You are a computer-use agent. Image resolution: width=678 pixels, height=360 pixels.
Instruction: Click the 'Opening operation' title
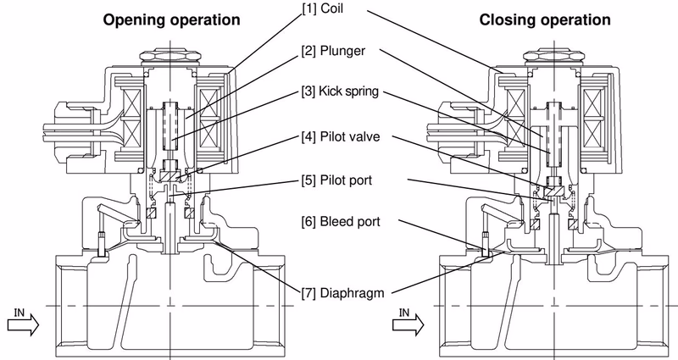click(171, 20)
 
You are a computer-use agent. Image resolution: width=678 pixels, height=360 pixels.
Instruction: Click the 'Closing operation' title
click(545, 20)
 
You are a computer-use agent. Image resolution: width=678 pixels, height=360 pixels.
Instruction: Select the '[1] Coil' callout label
click(322, 8)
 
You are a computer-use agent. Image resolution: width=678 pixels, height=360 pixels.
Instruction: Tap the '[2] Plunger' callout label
click(333, 51)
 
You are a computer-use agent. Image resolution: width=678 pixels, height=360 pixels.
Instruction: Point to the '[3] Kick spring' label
click(340, 91)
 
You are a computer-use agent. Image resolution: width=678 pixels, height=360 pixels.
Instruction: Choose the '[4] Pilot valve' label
click(341, 137)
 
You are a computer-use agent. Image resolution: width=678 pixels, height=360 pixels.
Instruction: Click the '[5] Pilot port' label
click(336, 180)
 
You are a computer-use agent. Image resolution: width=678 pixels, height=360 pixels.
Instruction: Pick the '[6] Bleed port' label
click(341, 222)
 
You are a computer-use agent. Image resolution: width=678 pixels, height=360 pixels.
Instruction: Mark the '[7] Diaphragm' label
click(342, 293)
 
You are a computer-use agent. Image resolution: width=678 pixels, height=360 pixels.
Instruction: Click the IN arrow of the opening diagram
click(24, 325)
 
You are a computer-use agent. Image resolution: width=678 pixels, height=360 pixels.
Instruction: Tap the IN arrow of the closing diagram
click(408, 325)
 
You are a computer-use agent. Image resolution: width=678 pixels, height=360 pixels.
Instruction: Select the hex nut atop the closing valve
click(554, 57)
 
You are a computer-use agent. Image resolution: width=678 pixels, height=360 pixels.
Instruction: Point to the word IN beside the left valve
click(19, 312)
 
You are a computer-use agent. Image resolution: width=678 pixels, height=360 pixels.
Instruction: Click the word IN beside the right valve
click(404, 312)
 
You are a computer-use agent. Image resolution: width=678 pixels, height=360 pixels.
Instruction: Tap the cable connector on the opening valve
click(72, 133)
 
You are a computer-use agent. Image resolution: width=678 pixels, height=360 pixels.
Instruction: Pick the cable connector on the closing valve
click(456, 133)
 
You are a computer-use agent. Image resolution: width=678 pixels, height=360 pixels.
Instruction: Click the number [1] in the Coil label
click(308, 8)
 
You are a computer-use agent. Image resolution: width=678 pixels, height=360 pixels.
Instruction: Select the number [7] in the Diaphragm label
click(308, 293)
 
